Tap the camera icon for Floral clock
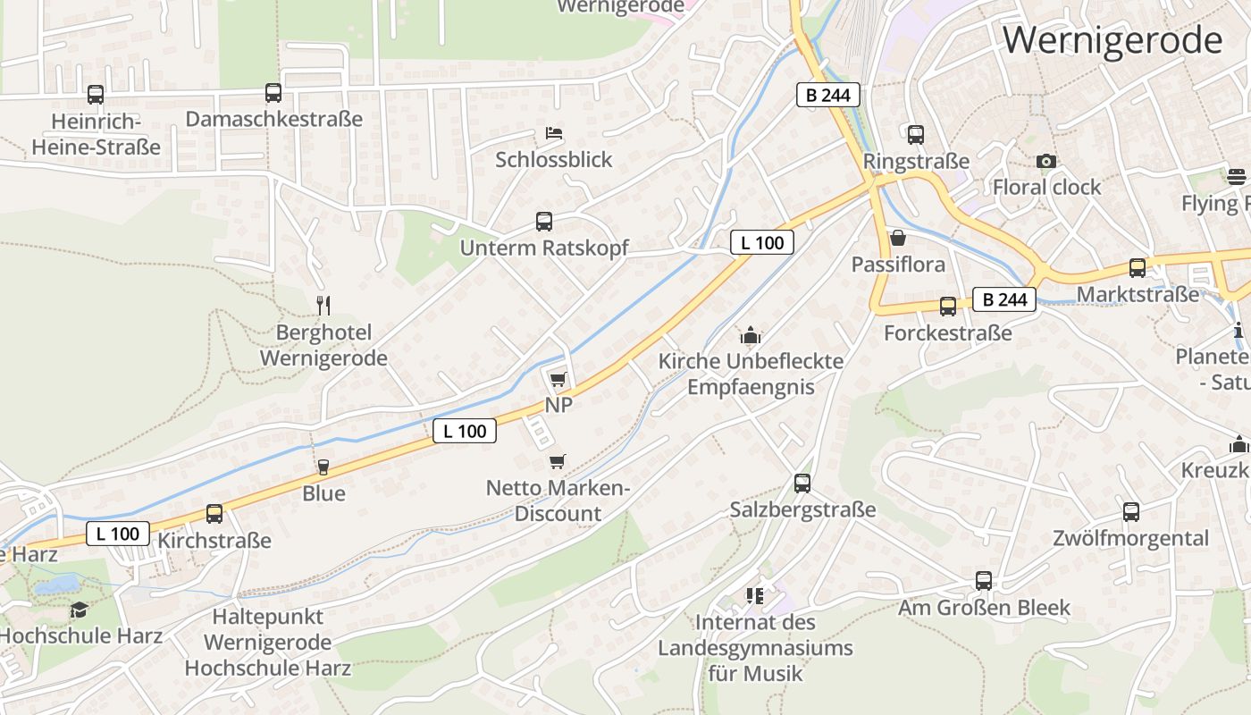pyautogui.click(x=1046, y=161)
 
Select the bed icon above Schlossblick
pyautogui.click(x=554, y=133)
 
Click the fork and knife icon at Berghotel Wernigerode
pyautogui.click(x=323, y=306)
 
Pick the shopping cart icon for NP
pyautogui.click(x=558, y=379)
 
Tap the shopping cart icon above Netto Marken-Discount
pyautogui.click(x=557, y=462)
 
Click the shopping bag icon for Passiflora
pyautogui.click(x=898, y=238)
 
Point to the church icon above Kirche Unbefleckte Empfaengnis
pyautogui.click(x=750, y=335)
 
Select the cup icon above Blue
pyautogui.click(x=323, y=467)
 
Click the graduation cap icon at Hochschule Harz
pyautogui.click(x=79, y=610)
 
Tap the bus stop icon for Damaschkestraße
pyautogui.click(x=273, y=93)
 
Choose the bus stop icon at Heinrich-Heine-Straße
pyautogui.click(x=96, y=94)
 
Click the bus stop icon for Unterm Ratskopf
pyautogui.click(x=543, y=222)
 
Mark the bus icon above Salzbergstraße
pyautogui.click(x=802, y=484)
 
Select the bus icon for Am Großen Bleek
pyautogui.click(x=984, y=581)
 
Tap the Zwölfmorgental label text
pyautogui.click(x=1130, y=538)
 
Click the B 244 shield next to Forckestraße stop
pyautogui.click(x=1004, y=299)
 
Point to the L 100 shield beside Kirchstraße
pyautogui.click(x=118, y=534)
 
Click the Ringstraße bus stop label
pyautogui.click(x=916, y=162)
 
